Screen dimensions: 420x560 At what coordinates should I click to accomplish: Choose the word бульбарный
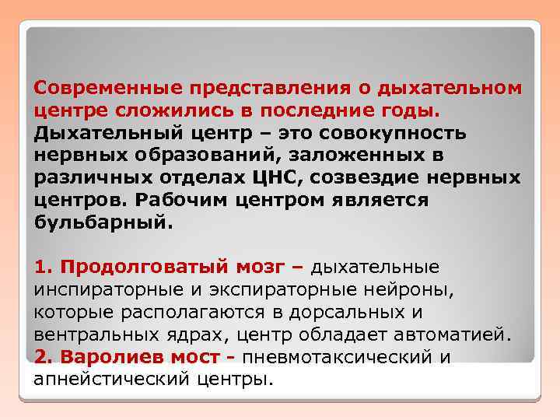(100, 222)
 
